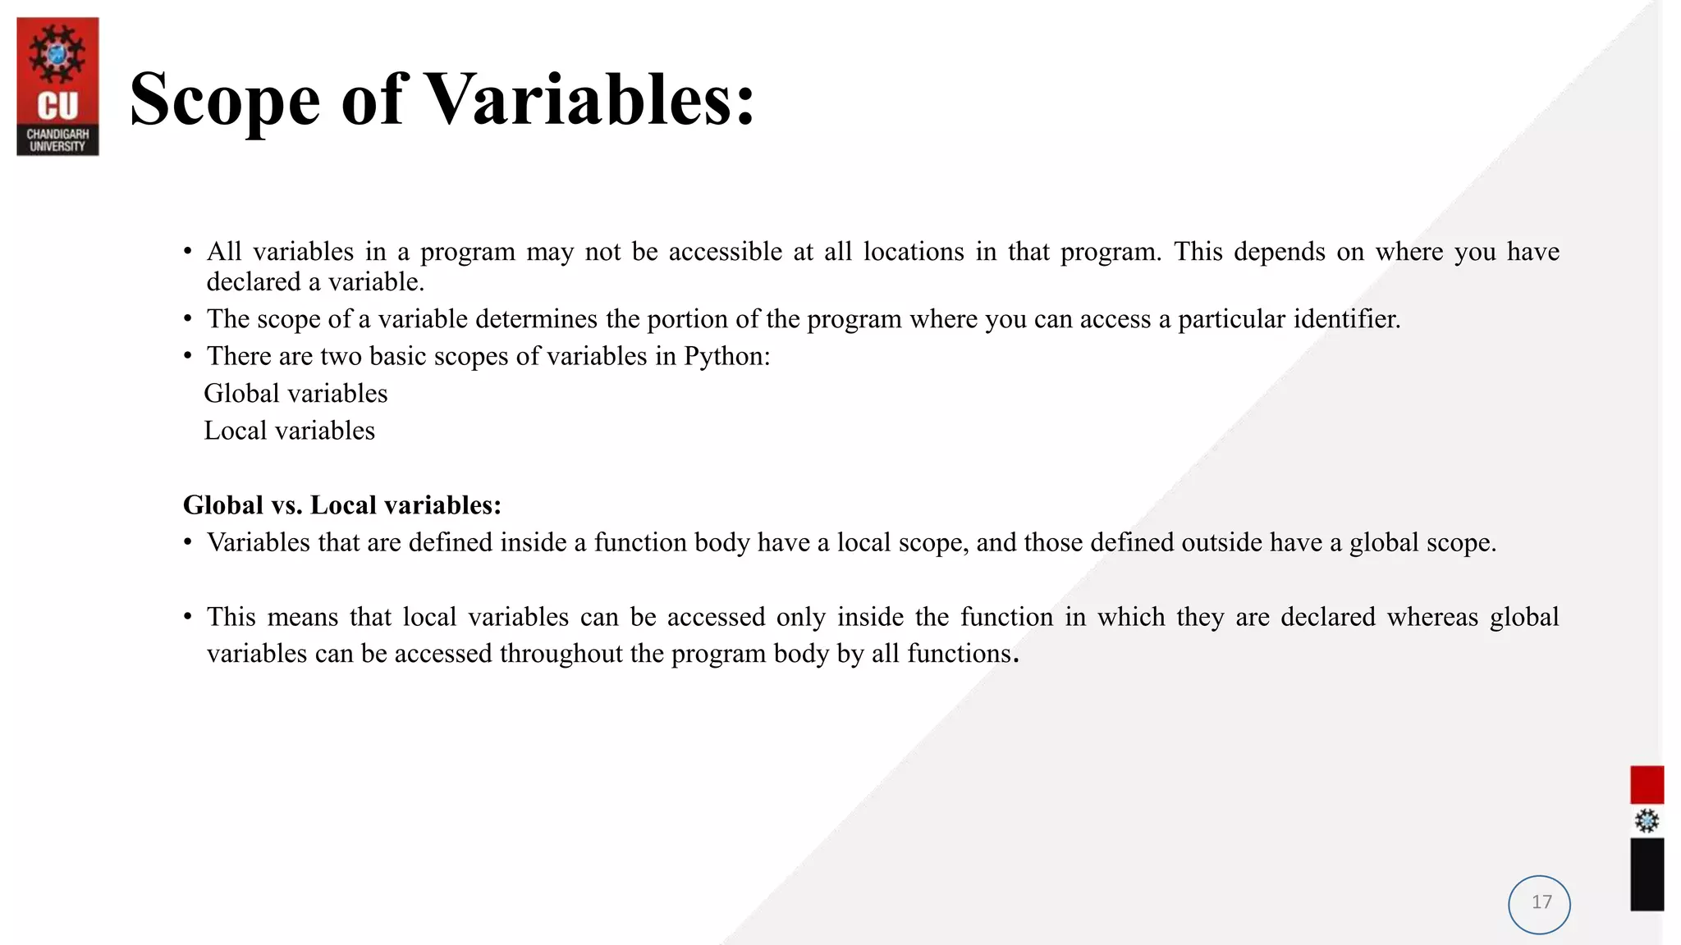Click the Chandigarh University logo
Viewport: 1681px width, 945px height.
point(57,87)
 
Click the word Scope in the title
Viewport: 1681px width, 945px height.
point(225,100)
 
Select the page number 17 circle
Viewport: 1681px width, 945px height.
point(1539,904)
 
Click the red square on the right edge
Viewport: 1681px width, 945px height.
point(1647,784)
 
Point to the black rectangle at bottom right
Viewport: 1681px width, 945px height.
point(1647,874)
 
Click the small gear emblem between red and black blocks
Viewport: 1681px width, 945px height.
point(1647,821)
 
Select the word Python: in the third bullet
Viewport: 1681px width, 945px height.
point(727,357)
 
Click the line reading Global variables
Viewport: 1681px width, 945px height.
point(295,394)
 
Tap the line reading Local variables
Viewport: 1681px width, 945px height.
point(289,431)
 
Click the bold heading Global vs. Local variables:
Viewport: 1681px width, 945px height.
point(341,505)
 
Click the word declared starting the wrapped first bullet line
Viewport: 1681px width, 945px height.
point(254,282)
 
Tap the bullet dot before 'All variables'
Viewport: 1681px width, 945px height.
point(188,251)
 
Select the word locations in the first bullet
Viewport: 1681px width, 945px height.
point(914,252)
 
